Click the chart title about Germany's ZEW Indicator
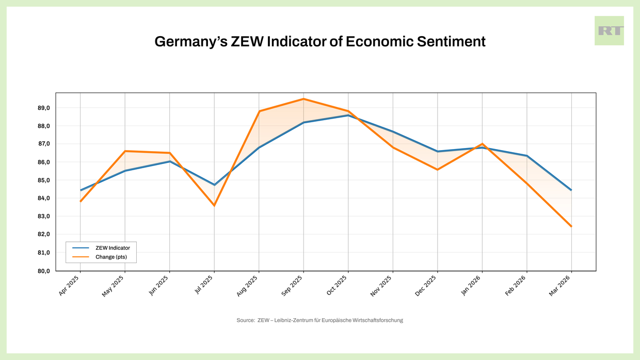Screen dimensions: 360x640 (320, 42)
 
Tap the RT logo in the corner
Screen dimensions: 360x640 (609, 31)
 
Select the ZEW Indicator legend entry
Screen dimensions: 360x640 (113, 248)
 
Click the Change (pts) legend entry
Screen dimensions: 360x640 (111, 257)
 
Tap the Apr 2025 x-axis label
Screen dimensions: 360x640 (70, 285)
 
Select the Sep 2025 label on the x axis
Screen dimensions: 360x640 (293, 286)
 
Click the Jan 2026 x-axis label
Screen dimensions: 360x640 (471, 286)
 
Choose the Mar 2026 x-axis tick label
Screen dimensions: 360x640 (561, 286)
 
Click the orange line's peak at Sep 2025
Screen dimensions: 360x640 (303, 99)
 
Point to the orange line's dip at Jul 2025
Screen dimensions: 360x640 (214, 206)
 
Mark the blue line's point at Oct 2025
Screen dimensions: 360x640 (348, 115)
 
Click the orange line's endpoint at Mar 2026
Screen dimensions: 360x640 (571, 226)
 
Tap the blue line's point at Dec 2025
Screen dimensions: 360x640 (438, 152)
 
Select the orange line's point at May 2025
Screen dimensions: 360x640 (125, 151)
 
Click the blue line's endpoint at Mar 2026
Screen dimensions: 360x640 (571, 190)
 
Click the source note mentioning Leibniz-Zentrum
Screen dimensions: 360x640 (319, 320)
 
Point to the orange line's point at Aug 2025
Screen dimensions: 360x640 (259, 111)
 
